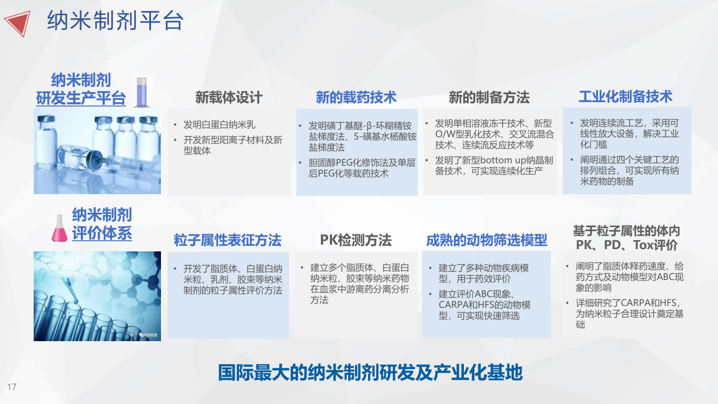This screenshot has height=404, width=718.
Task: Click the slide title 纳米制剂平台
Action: click(x=116, y=21)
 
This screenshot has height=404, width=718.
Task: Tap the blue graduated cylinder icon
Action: click(x=141, y=93)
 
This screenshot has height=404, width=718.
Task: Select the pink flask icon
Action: click(x=59, y=228)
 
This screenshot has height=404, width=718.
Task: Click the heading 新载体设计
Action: click(x=229, y=98)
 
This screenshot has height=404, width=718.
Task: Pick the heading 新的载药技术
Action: click(x=356, y=97)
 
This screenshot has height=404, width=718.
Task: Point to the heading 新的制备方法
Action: click(x=489, y=97)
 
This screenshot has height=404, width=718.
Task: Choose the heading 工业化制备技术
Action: click(x=625, y=97)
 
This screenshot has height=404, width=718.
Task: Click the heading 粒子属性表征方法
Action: click(x=228, y=240)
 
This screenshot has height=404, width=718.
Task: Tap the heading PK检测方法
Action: click(x=356, y=240)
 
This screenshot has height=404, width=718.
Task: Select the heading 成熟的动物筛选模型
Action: click(x=486, y=240)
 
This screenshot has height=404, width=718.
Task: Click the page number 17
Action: click(x=12, y=387)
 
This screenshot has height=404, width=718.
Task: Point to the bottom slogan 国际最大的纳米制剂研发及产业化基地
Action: click(x=370, y=373)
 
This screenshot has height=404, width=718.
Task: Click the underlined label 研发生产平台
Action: click(x=81, y=98)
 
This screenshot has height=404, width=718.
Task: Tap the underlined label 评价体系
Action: click(x=102, y=233)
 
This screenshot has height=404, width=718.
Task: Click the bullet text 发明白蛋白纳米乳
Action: click(x=219, y=125)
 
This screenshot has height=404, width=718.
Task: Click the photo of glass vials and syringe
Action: click(x=97, y=151)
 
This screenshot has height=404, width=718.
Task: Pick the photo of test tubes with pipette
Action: click(x=97, y=296)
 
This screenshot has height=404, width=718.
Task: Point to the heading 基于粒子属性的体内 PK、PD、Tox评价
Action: click(x=627, y=238)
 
